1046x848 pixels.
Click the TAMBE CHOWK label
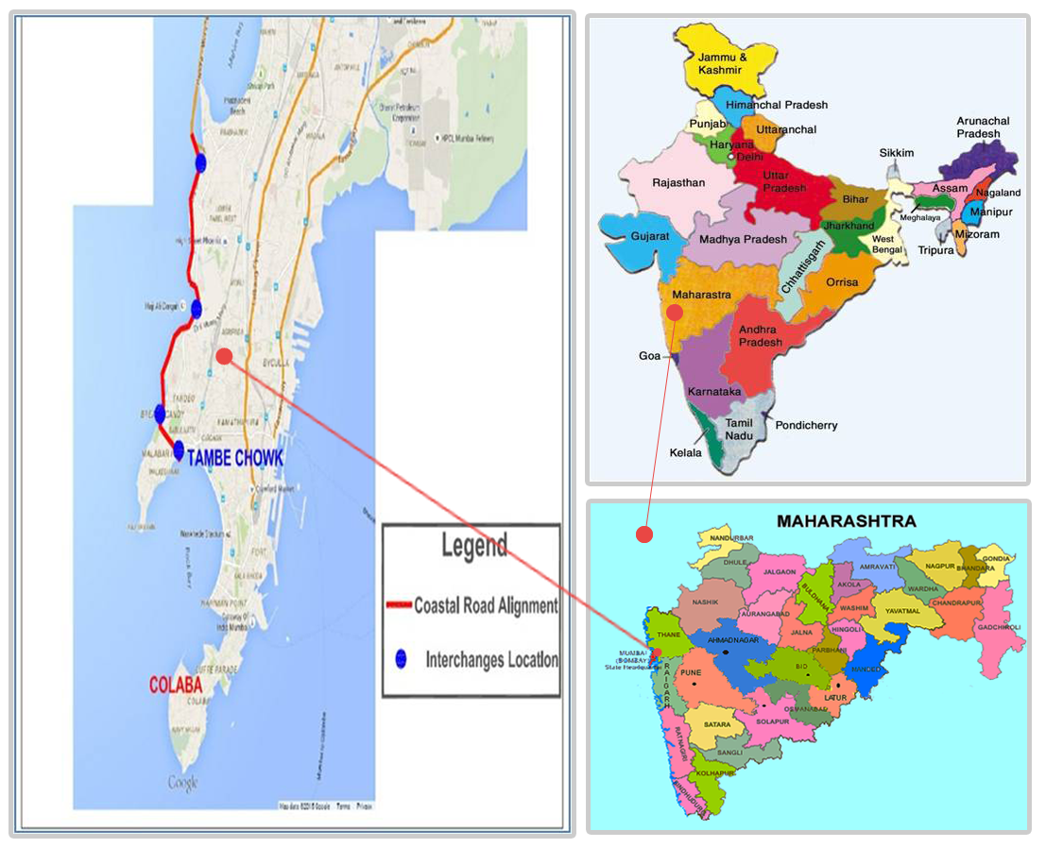click(235, 458)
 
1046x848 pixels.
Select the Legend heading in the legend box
click(473, 547)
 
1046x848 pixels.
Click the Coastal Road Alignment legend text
click(485, 606)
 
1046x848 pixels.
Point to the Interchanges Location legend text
click(491, 659)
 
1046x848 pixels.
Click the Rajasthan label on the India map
click(678, 182)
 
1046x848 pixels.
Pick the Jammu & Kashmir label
click(722, 63)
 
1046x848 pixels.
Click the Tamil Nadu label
click(739, 430)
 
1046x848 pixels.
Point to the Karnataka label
click(714, 390)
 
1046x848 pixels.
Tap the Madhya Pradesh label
click(743, 239)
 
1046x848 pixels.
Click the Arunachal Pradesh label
click(983, 127)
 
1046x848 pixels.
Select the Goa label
click(649, 356)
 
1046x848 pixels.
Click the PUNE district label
click(692, 672)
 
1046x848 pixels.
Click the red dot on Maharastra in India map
click(675, 312)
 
